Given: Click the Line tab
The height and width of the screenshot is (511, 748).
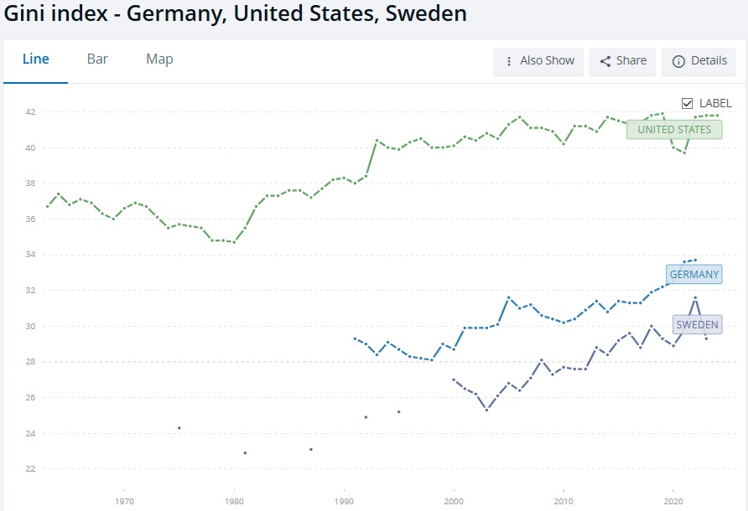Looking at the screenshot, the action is pos(36,59).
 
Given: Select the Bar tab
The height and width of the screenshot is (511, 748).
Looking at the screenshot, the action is pos(97,59).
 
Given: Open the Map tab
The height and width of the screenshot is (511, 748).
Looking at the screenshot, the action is pos(159,59).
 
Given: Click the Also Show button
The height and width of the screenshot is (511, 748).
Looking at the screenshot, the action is pos(538,61).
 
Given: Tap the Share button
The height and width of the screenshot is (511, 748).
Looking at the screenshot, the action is pos(622,61).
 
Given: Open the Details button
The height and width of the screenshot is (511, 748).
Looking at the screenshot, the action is pos(699,61).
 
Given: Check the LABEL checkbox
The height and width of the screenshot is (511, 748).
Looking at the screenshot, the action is pos(687,103).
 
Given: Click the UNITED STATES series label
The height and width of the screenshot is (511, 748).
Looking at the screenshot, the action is pos(674,130).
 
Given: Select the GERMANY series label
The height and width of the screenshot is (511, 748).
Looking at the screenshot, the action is pos(694,275).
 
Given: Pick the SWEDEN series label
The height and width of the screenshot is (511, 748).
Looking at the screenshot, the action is pos(697,325).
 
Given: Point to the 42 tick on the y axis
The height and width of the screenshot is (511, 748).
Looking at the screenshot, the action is pos(30,112).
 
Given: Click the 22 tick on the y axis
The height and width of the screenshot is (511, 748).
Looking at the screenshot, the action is pos(30,469).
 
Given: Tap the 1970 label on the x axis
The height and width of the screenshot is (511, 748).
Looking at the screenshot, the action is pos(124,502).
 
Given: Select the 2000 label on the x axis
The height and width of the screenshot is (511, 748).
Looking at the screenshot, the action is pos(454,502).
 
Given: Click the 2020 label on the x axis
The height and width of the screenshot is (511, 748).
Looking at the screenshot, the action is pos(673,502).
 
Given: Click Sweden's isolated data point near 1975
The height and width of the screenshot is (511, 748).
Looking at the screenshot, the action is pos(179,428).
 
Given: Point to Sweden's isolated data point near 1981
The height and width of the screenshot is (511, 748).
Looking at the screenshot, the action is pos(245,453).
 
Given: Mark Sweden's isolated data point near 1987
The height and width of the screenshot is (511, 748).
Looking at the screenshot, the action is pos(311,450).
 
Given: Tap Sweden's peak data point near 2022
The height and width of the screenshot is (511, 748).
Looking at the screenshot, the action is pos(695,298).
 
